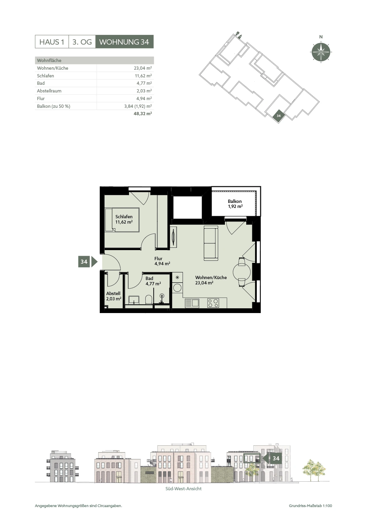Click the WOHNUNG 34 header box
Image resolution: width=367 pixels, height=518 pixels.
[124, 42]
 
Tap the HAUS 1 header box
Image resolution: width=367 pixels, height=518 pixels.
[52, 42]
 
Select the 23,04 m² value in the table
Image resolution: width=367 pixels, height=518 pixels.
[143, 68]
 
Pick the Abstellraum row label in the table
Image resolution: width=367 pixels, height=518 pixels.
[49, 91]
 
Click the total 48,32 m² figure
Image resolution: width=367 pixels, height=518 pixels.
[143, 113]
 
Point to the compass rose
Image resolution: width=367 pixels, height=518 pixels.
[321, 52]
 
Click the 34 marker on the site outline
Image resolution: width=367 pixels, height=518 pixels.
[279, 116]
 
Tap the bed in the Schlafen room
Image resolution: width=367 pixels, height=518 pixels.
[122, 220]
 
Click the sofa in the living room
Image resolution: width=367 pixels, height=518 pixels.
[211, 243]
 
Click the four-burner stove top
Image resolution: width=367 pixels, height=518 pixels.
[213, 303]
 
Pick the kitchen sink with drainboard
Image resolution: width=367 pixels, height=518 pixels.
[192, 303]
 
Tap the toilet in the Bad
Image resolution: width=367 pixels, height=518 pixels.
[149, 299]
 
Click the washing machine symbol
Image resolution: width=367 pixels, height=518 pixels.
[177, 288]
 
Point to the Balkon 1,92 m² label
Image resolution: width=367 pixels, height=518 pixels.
[235, 204]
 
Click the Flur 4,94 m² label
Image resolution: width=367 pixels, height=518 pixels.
[162, 261]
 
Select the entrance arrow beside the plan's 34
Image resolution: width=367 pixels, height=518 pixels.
[94, 262]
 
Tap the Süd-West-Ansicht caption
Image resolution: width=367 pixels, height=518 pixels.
[183, 489]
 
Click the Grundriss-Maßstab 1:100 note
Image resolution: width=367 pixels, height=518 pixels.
[310, 506]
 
